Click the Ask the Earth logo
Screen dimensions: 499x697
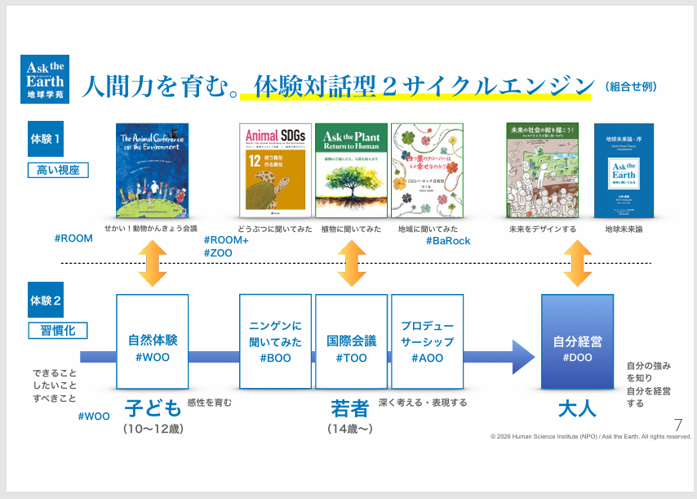45,78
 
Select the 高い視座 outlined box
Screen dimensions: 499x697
58,170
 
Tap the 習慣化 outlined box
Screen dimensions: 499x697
58,330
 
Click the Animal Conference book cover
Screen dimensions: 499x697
152,169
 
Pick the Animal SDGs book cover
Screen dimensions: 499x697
275,169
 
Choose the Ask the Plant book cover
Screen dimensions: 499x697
352,169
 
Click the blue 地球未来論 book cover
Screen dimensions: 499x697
624,170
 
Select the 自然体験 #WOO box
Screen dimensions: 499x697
153,341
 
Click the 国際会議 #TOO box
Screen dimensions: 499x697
352,341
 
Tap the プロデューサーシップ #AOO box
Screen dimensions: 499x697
427,341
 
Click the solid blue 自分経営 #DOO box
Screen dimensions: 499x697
578,341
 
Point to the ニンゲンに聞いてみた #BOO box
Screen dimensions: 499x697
275,341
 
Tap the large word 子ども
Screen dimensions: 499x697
152,408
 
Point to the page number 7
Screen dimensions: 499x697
677,424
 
